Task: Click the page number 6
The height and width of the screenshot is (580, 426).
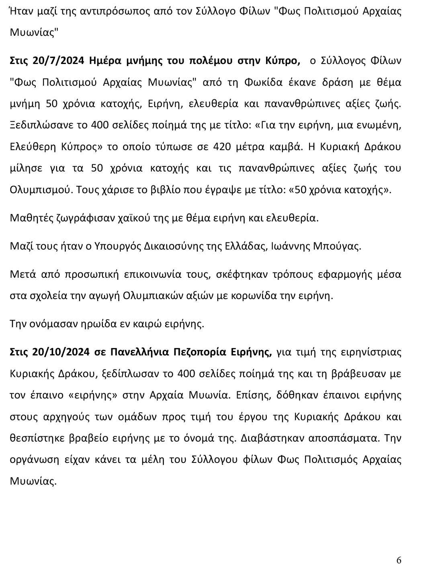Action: click(x=399, y=560)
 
